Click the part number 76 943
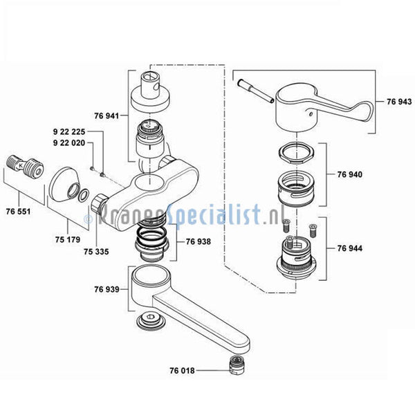(x=399, y=102)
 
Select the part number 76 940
(x=349, y=174)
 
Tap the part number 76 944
(x=349, y=248)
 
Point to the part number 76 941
(x=107, y=116)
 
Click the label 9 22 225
(x=69, y=131)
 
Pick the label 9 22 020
(x=69, y=143)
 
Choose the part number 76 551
(x=18, y=212)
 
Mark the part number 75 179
(x=68, y=239)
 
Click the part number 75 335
(x=96, y=252)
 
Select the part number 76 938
(x=199, y=241)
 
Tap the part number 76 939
(x=107, y=289)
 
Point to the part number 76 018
(x=182, y=371)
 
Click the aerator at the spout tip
(x=237, y=365)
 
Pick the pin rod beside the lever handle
(x=255, y=91)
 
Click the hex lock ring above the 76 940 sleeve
(x=296, y=154)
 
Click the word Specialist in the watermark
(x=214, y=214)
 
